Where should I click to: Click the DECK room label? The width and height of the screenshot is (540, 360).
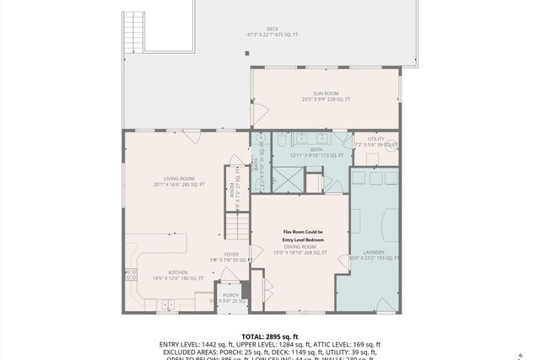[x=273, y=28]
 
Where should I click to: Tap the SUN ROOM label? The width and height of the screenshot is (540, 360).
[x=326, y=94]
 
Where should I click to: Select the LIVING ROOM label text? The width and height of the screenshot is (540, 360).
[x=179, y=179]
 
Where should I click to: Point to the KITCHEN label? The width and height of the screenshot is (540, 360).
[x=178, y=272]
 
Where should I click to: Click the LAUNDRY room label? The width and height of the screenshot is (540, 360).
[x=374, y=252]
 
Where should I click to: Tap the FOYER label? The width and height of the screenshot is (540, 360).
[x=231, y=254]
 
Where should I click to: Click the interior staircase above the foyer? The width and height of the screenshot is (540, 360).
[x=236, y=226]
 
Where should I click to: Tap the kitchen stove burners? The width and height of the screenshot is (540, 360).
[x=131, y=273]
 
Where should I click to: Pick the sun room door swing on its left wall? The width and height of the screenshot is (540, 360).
[x=260, y=112]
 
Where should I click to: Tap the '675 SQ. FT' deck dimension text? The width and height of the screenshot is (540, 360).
[x=289, y=35]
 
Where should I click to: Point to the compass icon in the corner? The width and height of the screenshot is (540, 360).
[x=532, y=352]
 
